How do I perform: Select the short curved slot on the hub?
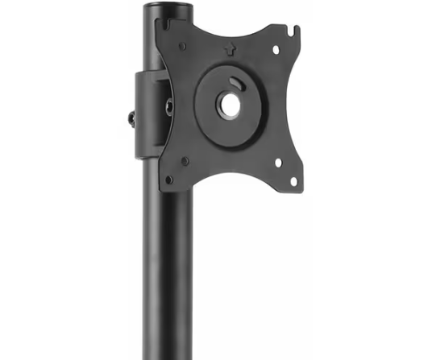[235, 81]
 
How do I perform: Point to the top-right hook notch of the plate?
[296, 33]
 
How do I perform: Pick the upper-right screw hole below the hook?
[277, 50]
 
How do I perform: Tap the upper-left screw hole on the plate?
[183, 46]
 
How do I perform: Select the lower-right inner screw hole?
[277, 162]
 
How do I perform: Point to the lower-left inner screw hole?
[185, 161]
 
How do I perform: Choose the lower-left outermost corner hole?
[168, 179]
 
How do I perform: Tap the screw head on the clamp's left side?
[131, 118]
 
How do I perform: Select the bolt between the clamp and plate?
[169, 105]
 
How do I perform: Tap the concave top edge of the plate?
[234, 28]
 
